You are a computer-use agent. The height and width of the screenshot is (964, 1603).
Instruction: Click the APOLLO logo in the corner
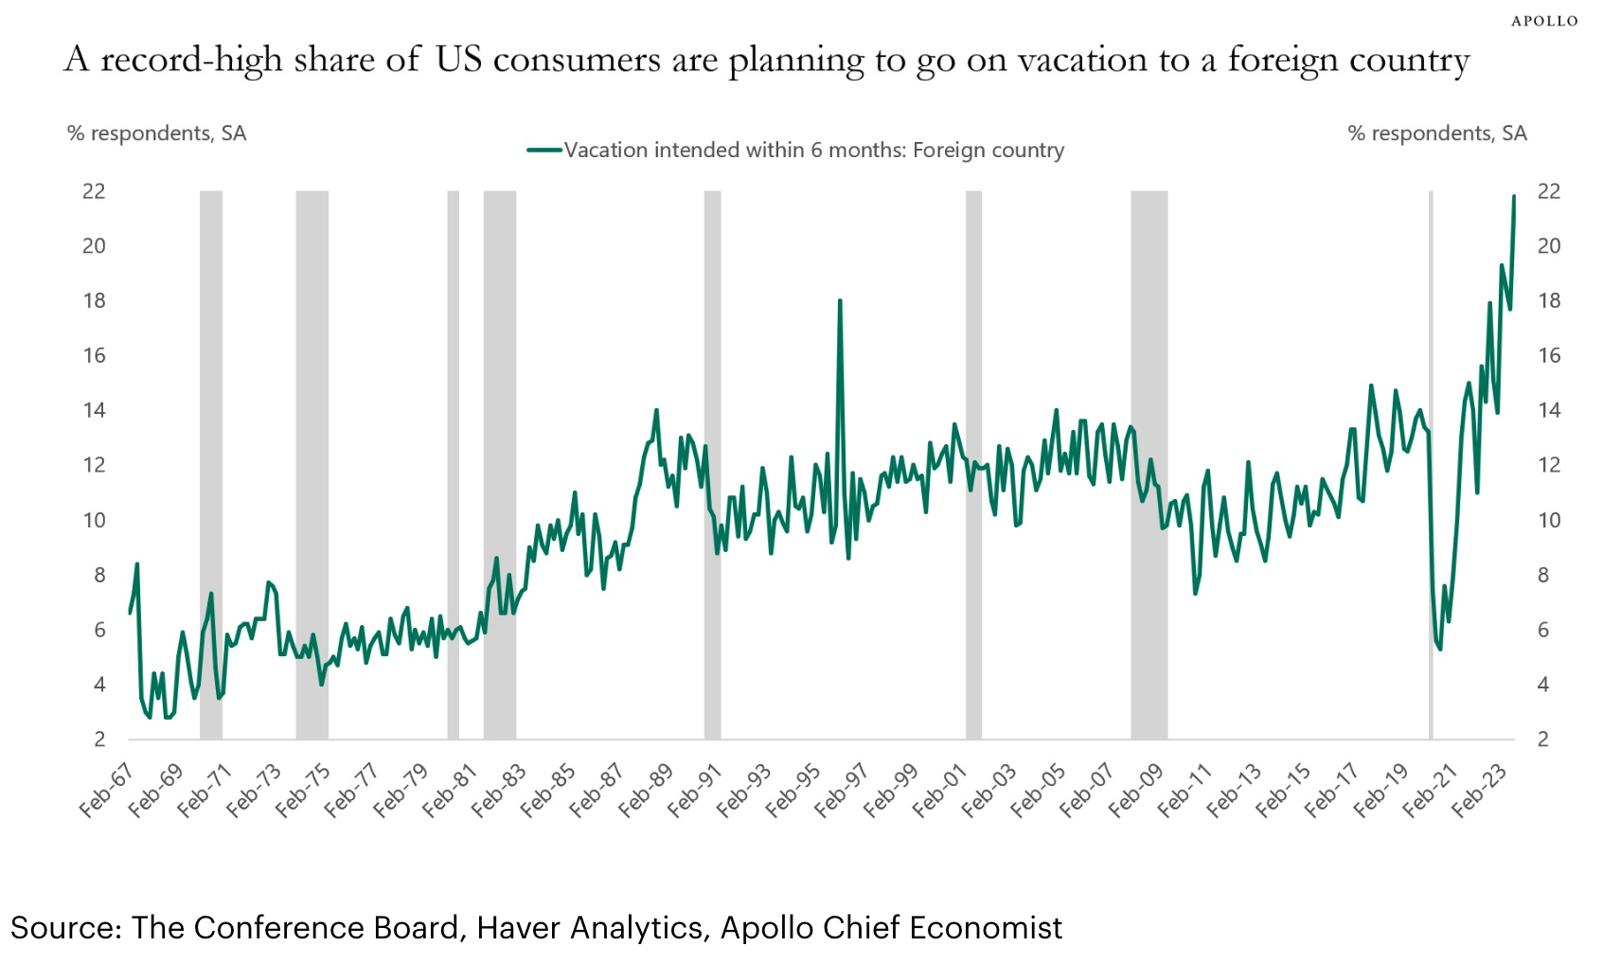click(1544, 21)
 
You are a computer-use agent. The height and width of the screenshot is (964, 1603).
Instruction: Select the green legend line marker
click(544, 150)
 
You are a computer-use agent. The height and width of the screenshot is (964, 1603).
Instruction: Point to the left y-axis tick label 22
click(94, 191)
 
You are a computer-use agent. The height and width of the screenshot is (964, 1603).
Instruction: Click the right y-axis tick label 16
click(1548, 356)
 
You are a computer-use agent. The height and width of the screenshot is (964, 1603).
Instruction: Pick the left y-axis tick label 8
click(98, 576)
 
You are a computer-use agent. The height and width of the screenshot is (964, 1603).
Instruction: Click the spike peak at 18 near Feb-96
click(840, 301)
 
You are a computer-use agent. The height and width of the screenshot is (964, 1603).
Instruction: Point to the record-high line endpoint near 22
click(1514, 196)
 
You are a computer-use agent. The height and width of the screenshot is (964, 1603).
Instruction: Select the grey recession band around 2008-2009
click(1149, 464)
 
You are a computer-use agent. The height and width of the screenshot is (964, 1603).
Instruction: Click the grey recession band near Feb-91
click(712, 464)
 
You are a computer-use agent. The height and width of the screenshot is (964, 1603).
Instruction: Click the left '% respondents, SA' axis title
click(156, 134)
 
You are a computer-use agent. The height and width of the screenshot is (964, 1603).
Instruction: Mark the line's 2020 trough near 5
click(1439, 649)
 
